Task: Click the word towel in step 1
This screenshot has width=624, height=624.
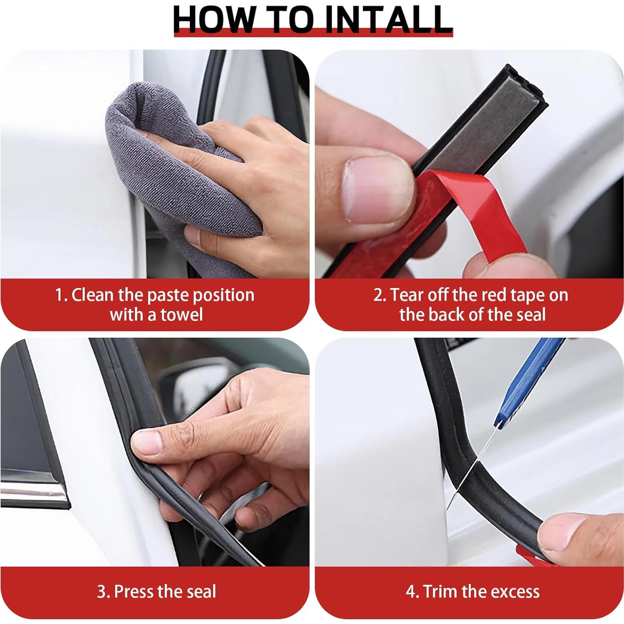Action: pyautogui.click(x=182, y=314)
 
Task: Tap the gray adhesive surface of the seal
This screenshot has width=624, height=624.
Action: pyautogui.click(x=484, y=121)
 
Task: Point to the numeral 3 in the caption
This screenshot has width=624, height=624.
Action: pyautogui.click(x=101, y=592)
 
